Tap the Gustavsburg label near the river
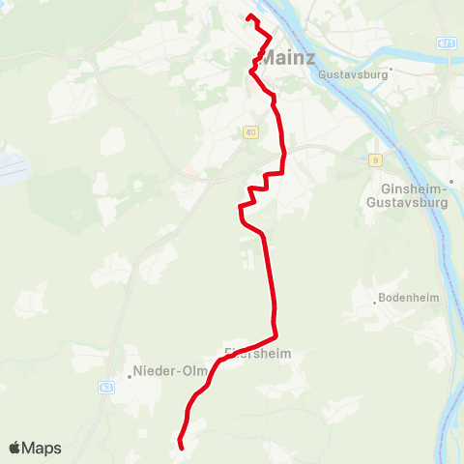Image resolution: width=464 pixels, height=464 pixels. [352, 73]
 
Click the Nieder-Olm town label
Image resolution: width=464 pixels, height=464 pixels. [163, 369]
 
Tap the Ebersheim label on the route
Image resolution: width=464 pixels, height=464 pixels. [256, 355]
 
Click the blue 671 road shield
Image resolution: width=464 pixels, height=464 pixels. [445, 43]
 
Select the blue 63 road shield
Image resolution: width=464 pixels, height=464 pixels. [105, 388]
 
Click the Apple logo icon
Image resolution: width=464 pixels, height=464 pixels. [14, 449]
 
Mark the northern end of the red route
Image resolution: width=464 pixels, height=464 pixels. [249, 16]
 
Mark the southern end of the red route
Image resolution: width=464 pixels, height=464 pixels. [182, 447]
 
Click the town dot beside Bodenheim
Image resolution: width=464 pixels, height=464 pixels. [374, 303]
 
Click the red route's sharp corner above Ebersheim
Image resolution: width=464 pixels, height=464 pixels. [276, 334]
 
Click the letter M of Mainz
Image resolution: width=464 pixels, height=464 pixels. [269, 57]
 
